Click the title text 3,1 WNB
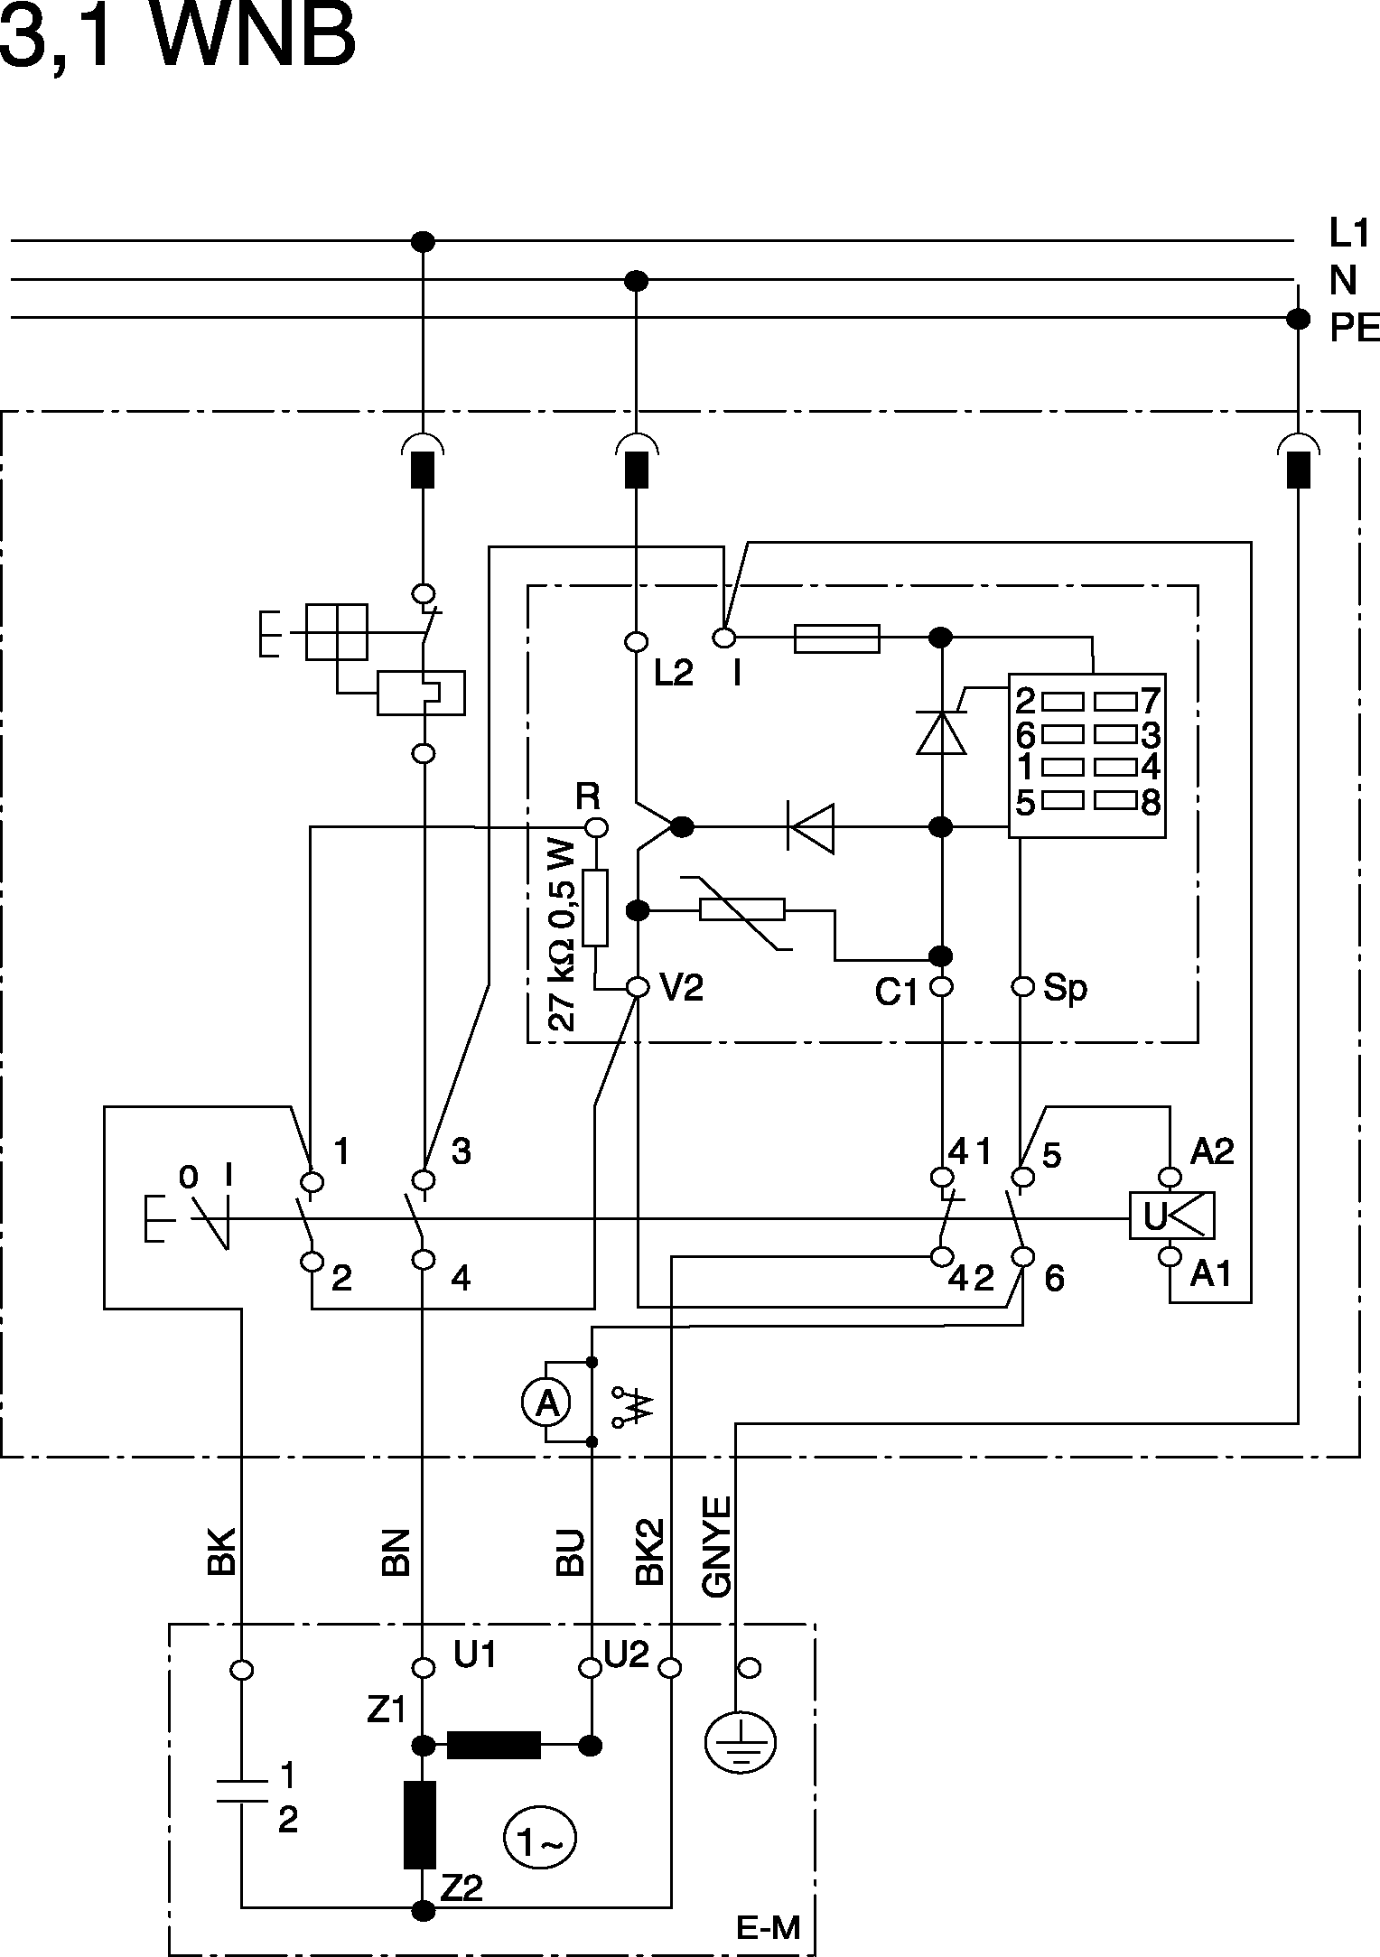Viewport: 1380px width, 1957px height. point(177,41)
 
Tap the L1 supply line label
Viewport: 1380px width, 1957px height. point(1348,234)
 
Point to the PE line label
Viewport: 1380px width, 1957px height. point(1354,330)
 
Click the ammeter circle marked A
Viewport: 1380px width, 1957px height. point(545,1403)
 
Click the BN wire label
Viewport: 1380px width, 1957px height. point(396,1552)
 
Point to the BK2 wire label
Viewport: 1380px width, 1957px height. point(650,1552)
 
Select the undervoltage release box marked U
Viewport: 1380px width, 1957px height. point(1171,1216)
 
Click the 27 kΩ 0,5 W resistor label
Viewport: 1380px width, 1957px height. point(561,936)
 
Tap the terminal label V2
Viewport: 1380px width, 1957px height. point(681,989)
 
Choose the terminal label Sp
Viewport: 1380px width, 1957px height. point(1065,988)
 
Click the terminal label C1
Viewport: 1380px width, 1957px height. point(895,993)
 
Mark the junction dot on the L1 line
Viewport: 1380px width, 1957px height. point(423,241)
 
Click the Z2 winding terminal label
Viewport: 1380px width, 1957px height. point(462,1888)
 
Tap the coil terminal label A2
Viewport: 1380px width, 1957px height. point(1211,1151)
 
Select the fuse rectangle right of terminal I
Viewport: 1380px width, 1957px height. point(836,638)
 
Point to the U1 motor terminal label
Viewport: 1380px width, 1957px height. point(474,1655)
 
